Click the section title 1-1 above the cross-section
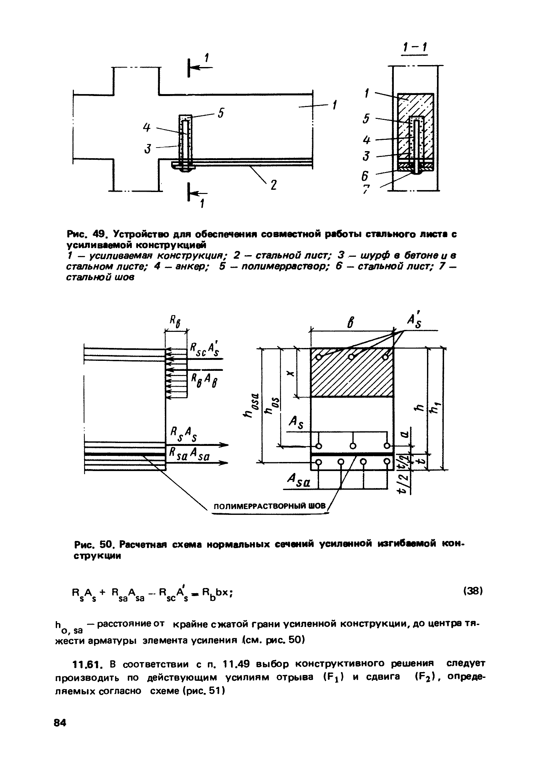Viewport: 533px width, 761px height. [414, 48]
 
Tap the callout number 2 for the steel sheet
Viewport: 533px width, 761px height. [273, 185]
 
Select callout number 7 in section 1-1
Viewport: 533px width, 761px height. [366, 189]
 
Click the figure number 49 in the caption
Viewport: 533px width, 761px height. [100, 234]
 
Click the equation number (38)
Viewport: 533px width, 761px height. [473, 591]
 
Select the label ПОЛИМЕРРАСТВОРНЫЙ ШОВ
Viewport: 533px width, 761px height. [269, 506]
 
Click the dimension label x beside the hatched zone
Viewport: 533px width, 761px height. [291, 373]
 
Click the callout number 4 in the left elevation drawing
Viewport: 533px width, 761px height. [147, 127]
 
